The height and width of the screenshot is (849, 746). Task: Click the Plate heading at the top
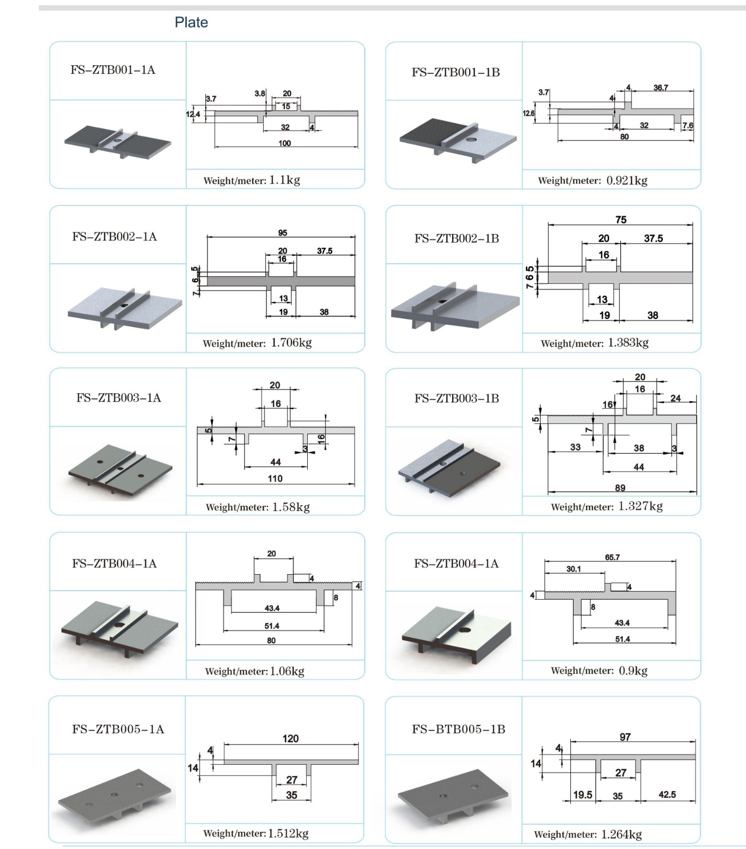191,22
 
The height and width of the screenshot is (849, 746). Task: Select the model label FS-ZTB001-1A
112,70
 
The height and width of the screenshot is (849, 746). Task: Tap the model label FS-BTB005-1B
458,729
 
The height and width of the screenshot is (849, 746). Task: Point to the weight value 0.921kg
627,180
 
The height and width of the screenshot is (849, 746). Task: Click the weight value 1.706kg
291,343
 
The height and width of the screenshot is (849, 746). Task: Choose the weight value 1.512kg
288,833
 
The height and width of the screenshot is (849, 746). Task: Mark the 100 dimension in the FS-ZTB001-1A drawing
284,143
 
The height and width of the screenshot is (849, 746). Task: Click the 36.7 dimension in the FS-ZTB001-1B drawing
661,88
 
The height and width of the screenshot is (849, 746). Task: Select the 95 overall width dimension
282,233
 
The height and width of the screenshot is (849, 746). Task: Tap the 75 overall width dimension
621,220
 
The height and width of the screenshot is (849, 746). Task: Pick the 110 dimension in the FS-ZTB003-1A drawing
275,479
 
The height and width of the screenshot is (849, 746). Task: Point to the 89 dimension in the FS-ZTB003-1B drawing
620,488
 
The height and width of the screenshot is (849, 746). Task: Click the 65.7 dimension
612,557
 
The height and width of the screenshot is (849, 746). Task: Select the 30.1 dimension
573,569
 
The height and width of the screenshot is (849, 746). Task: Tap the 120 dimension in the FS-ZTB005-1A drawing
290,739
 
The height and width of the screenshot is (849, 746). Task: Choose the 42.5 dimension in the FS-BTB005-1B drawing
667,794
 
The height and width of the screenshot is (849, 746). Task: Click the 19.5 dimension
583,794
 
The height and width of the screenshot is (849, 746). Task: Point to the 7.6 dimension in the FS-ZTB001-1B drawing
688,126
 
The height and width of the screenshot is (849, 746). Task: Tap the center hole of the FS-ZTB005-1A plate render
115,794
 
